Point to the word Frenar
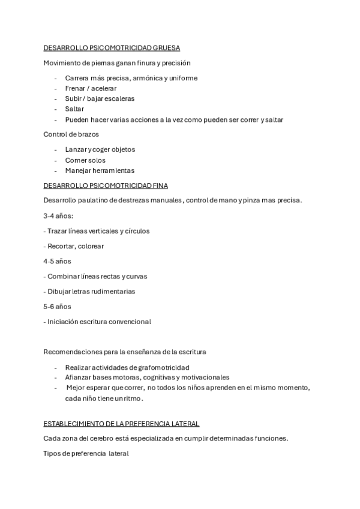click(x=76, y=88)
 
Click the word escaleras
click(x=118, y=98)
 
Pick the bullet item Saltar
click(x=74, y=109)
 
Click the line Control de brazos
click(x=71, y=134)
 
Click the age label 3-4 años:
click(x=58, y=215)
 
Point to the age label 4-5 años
click(x=57, y=261)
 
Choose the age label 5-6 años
click(x=57, y=306)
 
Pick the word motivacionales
click(x=204, y=377)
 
